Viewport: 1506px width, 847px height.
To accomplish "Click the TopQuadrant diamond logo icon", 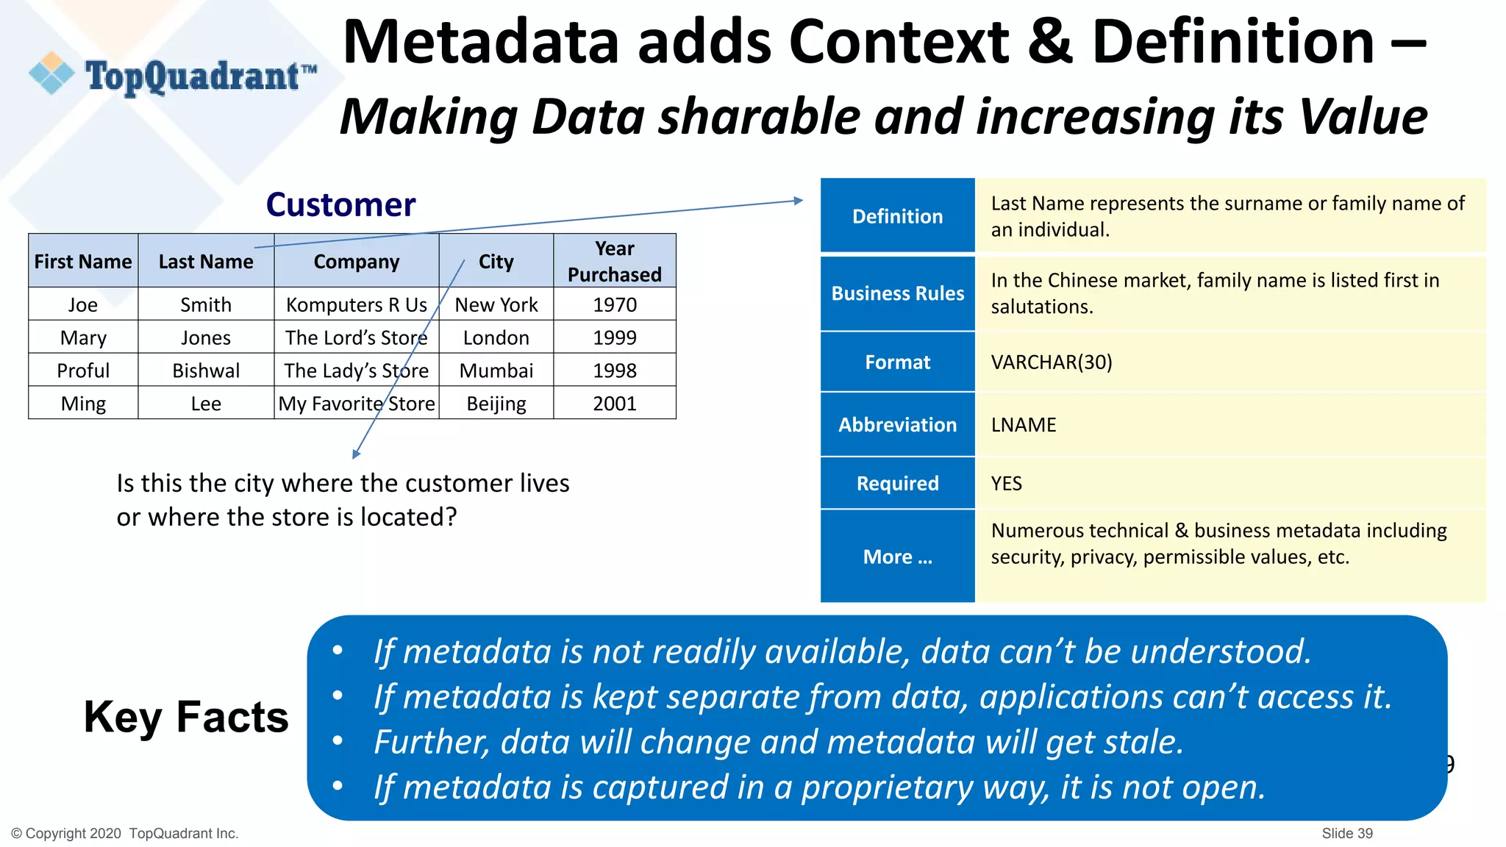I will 51,74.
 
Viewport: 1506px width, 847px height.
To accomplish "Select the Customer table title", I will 340,204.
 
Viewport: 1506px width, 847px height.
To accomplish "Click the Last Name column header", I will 206,262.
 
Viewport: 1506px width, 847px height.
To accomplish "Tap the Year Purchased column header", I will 614,261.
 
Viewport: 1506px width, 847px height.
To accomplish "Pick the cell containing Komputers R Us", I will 356,304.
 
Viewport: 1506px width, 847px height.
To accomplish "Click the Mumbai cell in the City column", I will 496,371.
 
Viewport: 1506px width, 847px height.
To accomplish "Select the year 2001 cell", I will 614,404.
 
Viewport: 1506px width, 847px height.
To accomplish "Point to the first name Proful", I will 83,371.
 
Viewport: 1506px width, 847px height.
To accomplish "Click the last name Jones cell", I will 206,337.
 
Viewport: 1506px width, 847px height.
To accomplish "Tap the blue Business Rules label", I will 897,293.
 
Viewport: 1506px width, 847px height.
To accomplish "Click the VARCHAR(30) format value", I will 1051,362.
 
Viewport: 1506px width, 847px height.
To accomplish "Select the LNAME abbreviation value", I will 1023,425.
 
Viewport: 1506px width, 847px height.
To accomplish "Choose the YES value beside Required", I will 1006,484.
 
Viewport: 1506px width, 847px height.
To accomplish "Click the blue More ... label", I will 897,557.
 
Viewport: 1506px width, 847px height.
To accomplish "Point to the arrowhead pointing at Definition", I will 799,200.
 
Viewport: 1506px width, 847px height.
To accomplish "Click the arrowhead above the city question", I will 356,454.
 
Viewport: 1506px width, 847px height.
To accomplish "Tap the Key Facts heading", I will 186,717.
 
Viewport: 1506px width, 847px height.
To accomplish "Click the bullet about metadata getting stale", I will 778,742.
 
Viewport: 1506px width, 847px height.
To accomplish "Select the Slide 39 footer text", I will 1346,833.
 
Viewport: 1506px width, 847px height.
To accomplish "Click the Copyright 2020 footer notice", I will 125,833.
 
